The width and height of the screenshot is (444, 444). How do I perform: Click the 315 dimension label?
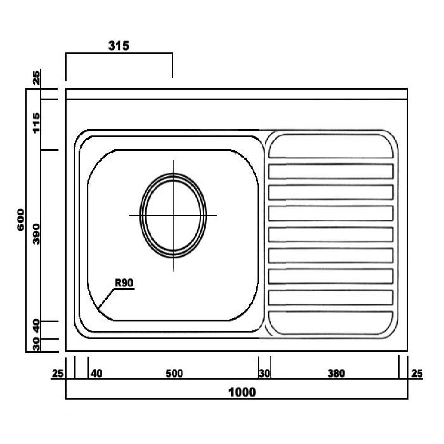[x=119, y=46]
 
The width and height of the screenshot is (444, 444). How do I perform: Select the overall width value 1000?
[x=242, y=392]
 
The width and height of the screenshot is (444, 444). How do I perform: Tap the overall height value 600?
[x=20, y=220]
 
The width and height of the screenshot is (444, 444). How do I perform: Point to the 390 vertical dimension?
[x=36, y=234]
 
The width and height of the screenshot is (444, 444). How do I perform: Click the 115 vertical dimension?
[x=36, y=123]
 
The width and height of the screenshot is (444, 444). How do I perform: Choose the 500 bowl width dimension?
[x=174, y=374]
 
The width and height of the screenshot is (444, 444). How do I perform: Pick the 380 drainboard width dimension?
[x=336, y=374]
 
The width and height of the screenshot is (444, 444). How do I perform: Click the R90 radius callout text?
[x=124, y=283]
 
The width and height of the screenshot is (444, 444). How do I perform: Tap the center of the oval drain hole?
[x=173, y=215]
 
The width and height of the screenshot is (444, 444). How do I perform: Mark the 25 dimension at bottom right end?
[x=417, y=374]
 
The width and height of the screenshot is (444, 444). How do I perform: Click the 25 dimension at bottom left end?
[x=57, y=374]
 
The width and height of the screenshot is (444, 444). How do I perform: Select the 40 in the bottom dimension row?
[x=96, y=374]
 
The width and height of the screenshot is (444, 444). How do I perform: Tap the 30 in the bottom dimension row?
[x=265, y=374]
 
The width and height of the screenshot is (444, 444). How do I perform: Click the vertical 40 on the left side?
[x=36, y=328]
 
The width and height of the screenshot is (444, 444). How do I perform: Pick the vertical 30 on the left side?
[x=36, y=345]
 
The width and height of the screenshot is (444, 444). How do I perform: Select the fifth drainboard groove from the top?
[x=331, y=234]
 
